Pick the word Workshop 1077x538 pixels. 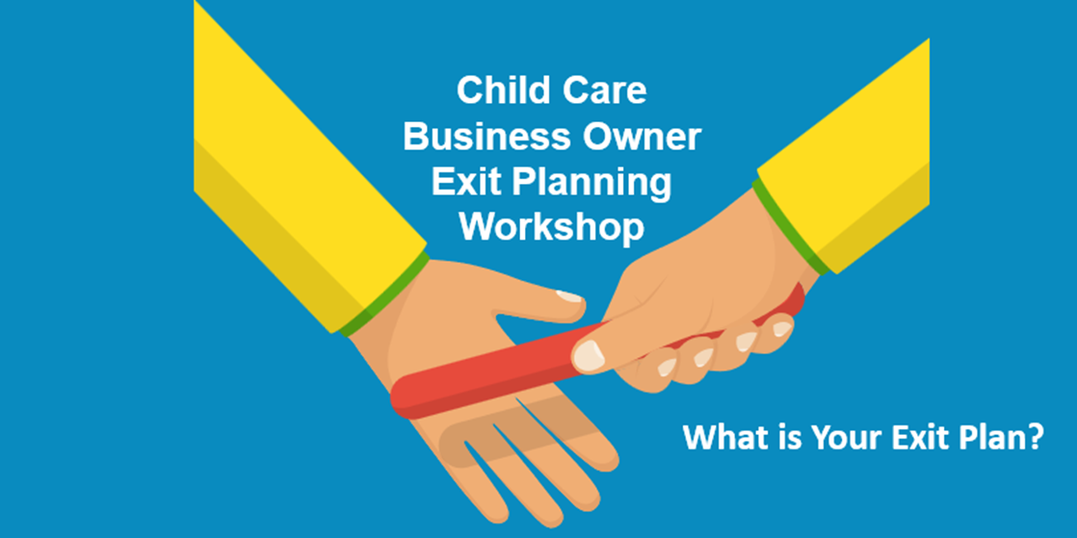click(x=551, y=227)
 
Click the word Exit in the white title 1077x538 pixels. click(x=468, y=182)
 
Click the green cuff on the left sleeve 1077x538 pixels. click(x=385, y=295)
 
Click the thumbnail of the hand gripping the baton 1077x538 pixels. click(x=589, y=355)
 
